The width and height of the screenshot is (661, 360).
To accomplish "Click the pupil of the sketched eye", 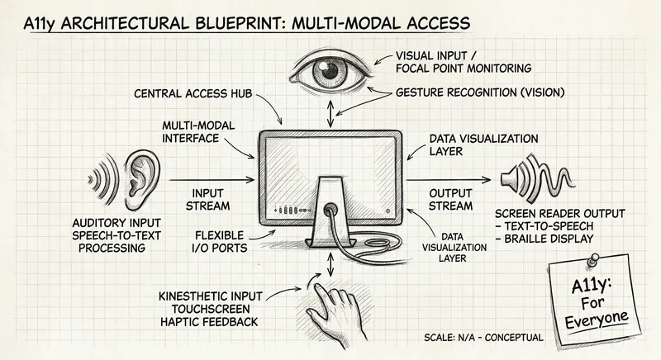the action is point(329,71).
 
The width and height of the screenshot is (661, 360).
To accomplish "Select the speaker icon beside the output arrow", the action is point(536,179).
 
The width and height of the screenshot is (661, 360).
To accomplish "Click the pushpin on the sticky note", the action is point(592,259).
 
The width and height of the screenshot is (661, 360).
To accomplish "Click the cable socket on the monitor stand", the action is point(330,208).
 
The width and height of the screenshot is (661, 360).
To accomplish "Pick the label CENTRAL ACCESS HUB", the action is point(193,93).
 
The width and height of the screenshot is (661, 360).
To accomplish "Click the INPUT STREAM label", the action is point(208,200).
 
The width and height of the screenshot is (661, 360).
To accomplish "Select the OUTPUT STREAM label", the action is point(450,200).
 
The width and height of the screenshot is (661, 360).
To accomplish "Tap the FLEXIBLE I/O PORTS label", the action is point(220,242).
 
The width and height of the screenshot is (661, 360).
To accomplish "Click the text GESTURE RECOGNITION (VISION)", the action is point(480,92).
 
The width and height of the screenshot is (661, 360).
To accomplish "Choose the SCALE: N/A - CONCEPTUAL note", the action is point(483,338).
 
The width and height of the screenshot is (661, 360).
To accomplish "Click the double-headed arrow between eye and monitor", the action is point(330,113).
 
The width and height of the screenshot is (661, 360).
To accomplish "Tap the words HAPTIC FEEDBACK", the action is point(209,322).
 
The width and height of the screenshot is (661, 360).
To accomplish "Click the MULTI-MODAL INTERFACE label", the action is point(198,132).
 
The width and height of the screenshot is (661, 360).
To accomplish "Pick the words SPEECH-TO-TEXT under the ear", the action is point(117,235).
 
